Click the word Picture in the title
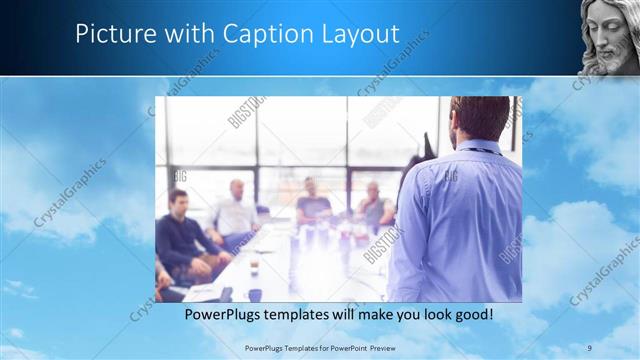tap(111, 34)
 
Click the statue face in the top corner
tap(609, 37)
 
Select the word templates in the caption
tap(309, 314)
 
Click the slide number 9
tap(590, 347)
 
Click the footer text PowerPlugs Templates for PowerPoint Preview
tap(320, 347)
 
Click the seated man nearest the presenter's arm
tap(376, 205)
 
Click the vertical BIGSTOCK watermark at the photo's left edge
tap(239, 112)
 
